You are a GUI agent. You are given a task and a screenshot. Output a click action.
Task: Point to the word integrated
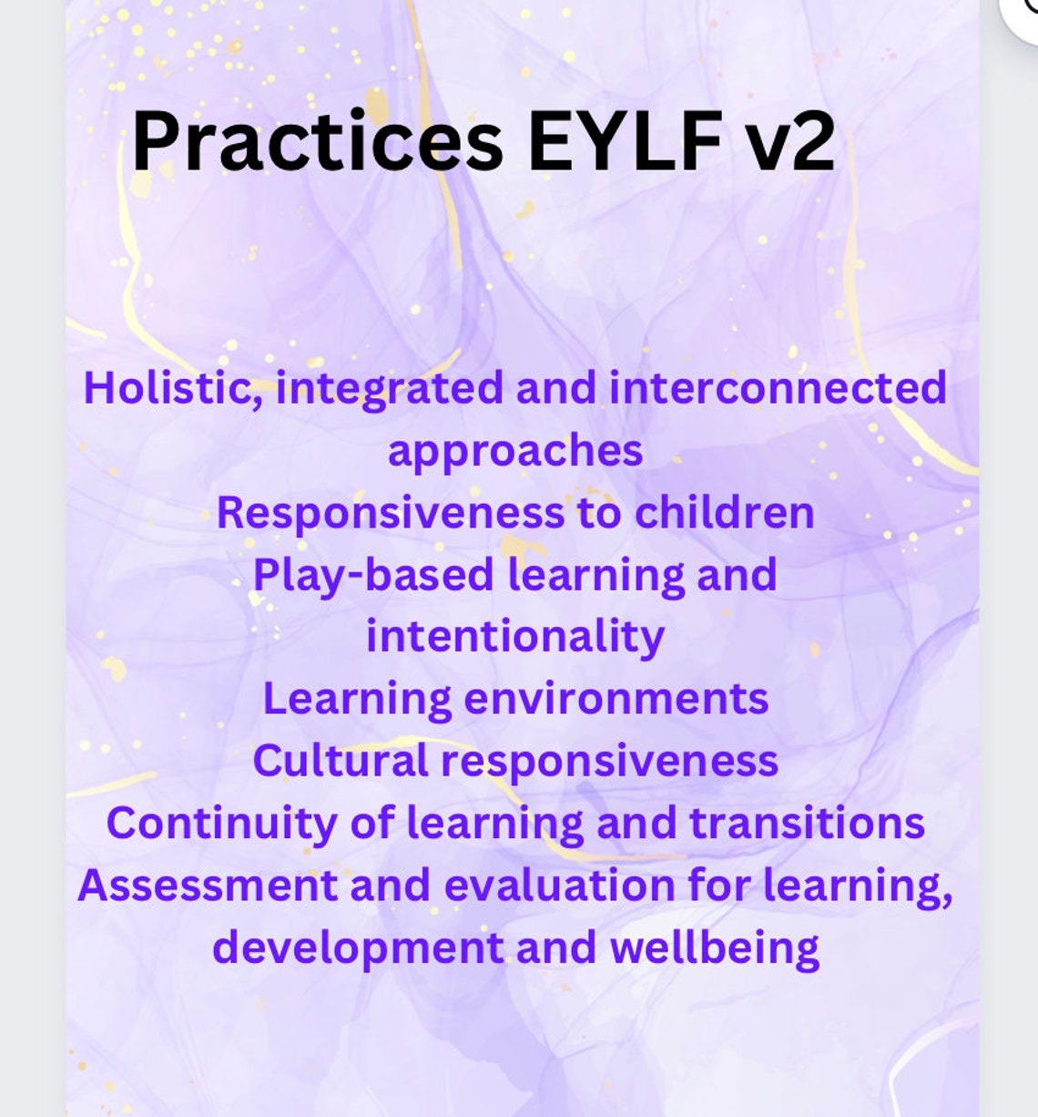point(389,389)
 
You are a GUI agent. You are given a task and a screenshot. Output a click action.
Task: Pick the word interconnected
point(778,387)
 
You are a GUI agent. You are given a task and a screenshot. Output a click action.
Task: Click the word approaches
point(515,451)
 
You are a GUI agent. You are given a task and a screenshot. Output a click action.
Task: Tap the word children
point(724,512)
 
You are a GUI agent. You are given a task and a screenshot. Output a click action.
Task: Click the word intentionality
point(515,637)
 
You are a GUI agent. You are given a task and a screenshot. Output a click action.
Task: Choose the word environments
point(616,699)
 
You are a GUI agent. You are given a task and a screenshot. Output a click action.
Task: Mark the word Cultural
point(340,760)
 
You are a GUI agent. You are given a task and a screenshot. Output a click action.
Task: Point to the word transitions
point(807,823)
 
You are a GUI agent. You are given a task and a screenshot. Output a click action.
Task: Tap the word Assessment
point(207,885)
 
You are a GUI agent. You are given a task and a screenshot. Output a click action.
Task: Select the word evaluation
point(559,885)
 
